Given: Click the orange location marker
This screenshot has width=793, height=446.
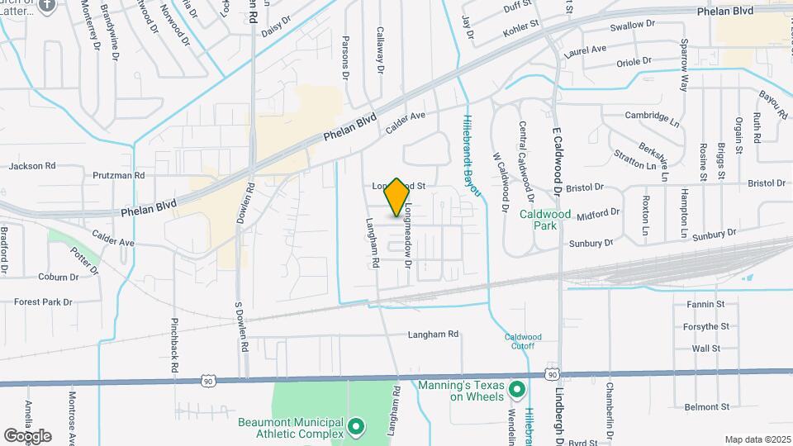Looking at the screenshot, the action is pos(396,197).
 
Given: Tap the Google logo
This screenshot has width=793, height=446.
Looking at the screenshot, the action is pos(27,435).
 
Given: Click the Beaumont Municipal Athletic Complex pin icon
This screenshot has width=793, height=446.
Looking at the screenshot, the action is pos(356,427).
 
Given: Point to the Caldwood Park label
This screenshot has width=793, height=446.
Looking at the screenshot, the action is pos(545,219).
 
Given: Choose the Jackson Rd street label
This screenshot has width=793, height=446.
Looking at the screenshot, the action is pos(32,166).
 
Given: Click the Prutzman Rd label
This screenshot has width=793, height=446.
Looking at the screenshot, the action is pos(118,176).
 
